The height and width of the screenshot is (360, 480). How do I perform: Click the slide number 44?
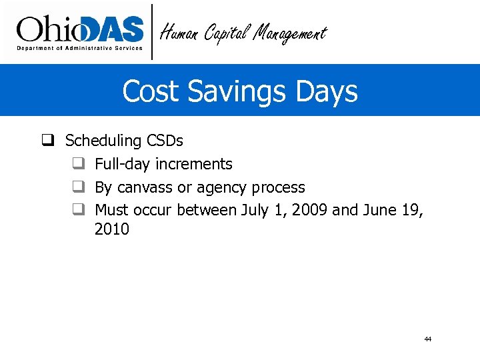[x=427, y=339]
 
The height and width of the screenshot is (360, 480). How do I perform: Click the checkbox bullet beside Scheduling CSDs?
[x=48, y=141]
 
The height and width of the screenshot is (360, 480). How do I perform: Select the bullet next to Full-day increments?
[x=78, y=164]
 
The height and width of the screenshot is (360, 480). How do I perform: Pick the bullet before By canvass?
[x=78, y=187]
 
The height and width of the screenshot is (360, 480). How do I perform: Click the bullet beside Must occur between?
[x=78, y=210]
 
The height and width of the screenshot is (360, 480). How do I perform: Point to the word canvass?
[x=144, y=187]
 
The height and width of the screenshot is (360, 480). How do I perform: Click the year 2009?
[x=309, y=210]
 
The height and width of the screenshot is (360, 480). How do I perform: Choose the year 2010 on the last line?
[x=112, y=230]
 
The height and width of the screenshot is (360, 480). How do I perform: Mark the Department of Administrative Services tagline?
[x=79, y=48]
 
